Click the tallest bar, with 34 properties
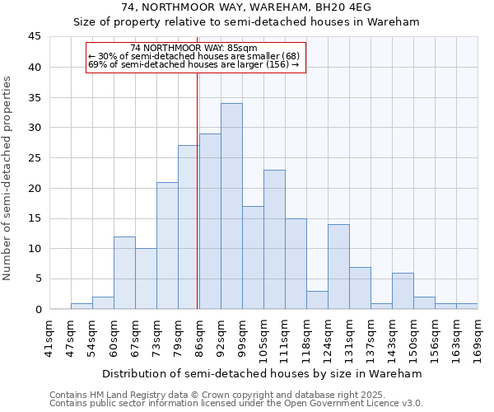tap(231, 206)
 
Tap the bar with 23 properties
tap(274, 239)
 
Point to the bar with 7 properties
tap(360, 288)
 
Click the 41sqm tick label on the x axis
tap(49, 339)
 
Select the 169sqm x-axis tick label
tap(478, 339)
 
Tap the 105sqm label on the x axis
tap(263, 339)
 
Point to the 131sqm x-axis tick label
tap(349, 339)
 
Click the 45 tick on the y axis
tap(35, 37)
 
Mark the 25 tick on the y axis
tap(35, 158)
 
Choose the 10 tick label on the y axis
tap(35, 249)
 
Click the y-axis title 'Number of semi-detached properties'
tap(7, 178)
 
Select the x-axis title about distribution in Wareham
tap(263, 373)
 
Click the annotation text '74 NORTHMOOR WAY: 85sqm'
tap(193, 48)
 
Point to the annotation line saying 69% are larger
tap(193, 64)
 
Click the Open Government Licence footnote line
tap(235, 404)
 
